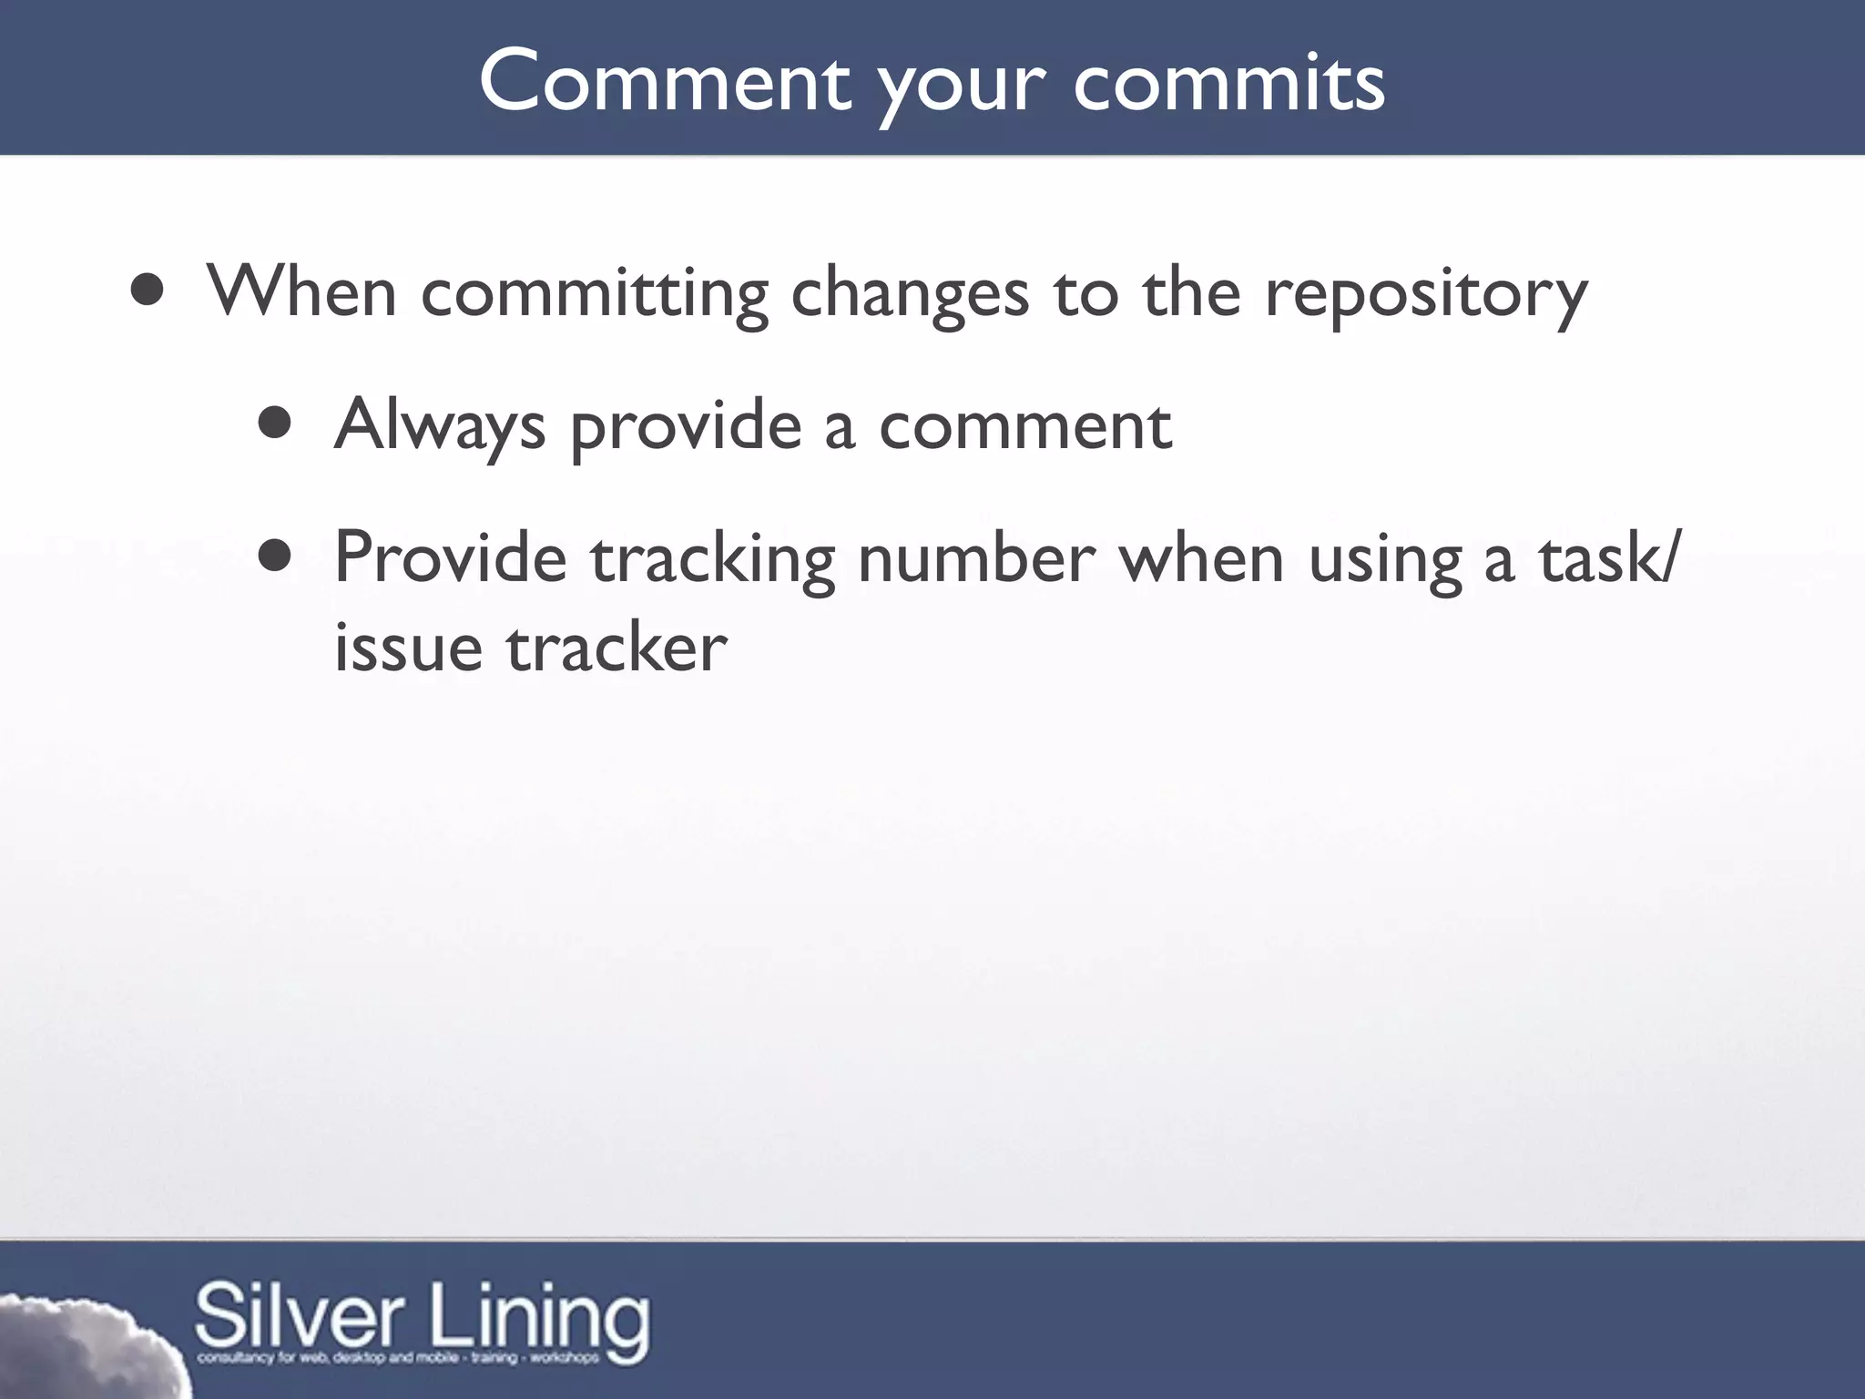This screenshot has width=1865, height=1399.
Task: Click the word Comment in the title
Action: pyautogui.click(x=664, y=82)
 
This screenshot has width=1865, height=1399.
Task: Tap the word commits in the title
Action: pyautogui.click(x=1229, y=82)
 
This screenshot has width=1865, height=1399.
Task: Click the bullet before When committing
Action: pyautogui.click(x=147, y=291)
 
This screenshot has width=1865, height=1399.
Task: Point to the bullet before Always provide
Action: pyautogui.click(x=274, y=424)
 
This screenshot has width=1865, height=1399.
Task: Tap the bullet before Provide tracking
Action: pyautogui.click(x=274, y=557)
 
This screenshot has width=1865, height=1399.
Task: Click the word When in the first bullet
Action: pyautogui.click(x=301, y=291)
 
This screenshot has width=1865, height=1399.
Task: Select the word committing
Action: pyautogui.click(x=595, y=294)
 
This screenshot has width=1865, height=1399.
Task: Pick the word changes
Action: pyautogui.click(x=910, y=294)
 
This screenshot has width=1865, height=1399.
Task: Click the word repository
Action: pyautogui.click(x=1426, y=294)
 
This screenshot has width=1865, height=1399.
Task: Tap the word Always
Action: pyautogui.click(x=440, y=425)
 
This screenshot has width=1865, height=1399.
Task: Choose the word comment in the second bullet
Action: pyautogui.click(x=1024, y=425)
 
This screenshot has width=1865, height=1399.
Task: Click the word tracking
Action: pyautogui.click(x=712, y=559)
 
